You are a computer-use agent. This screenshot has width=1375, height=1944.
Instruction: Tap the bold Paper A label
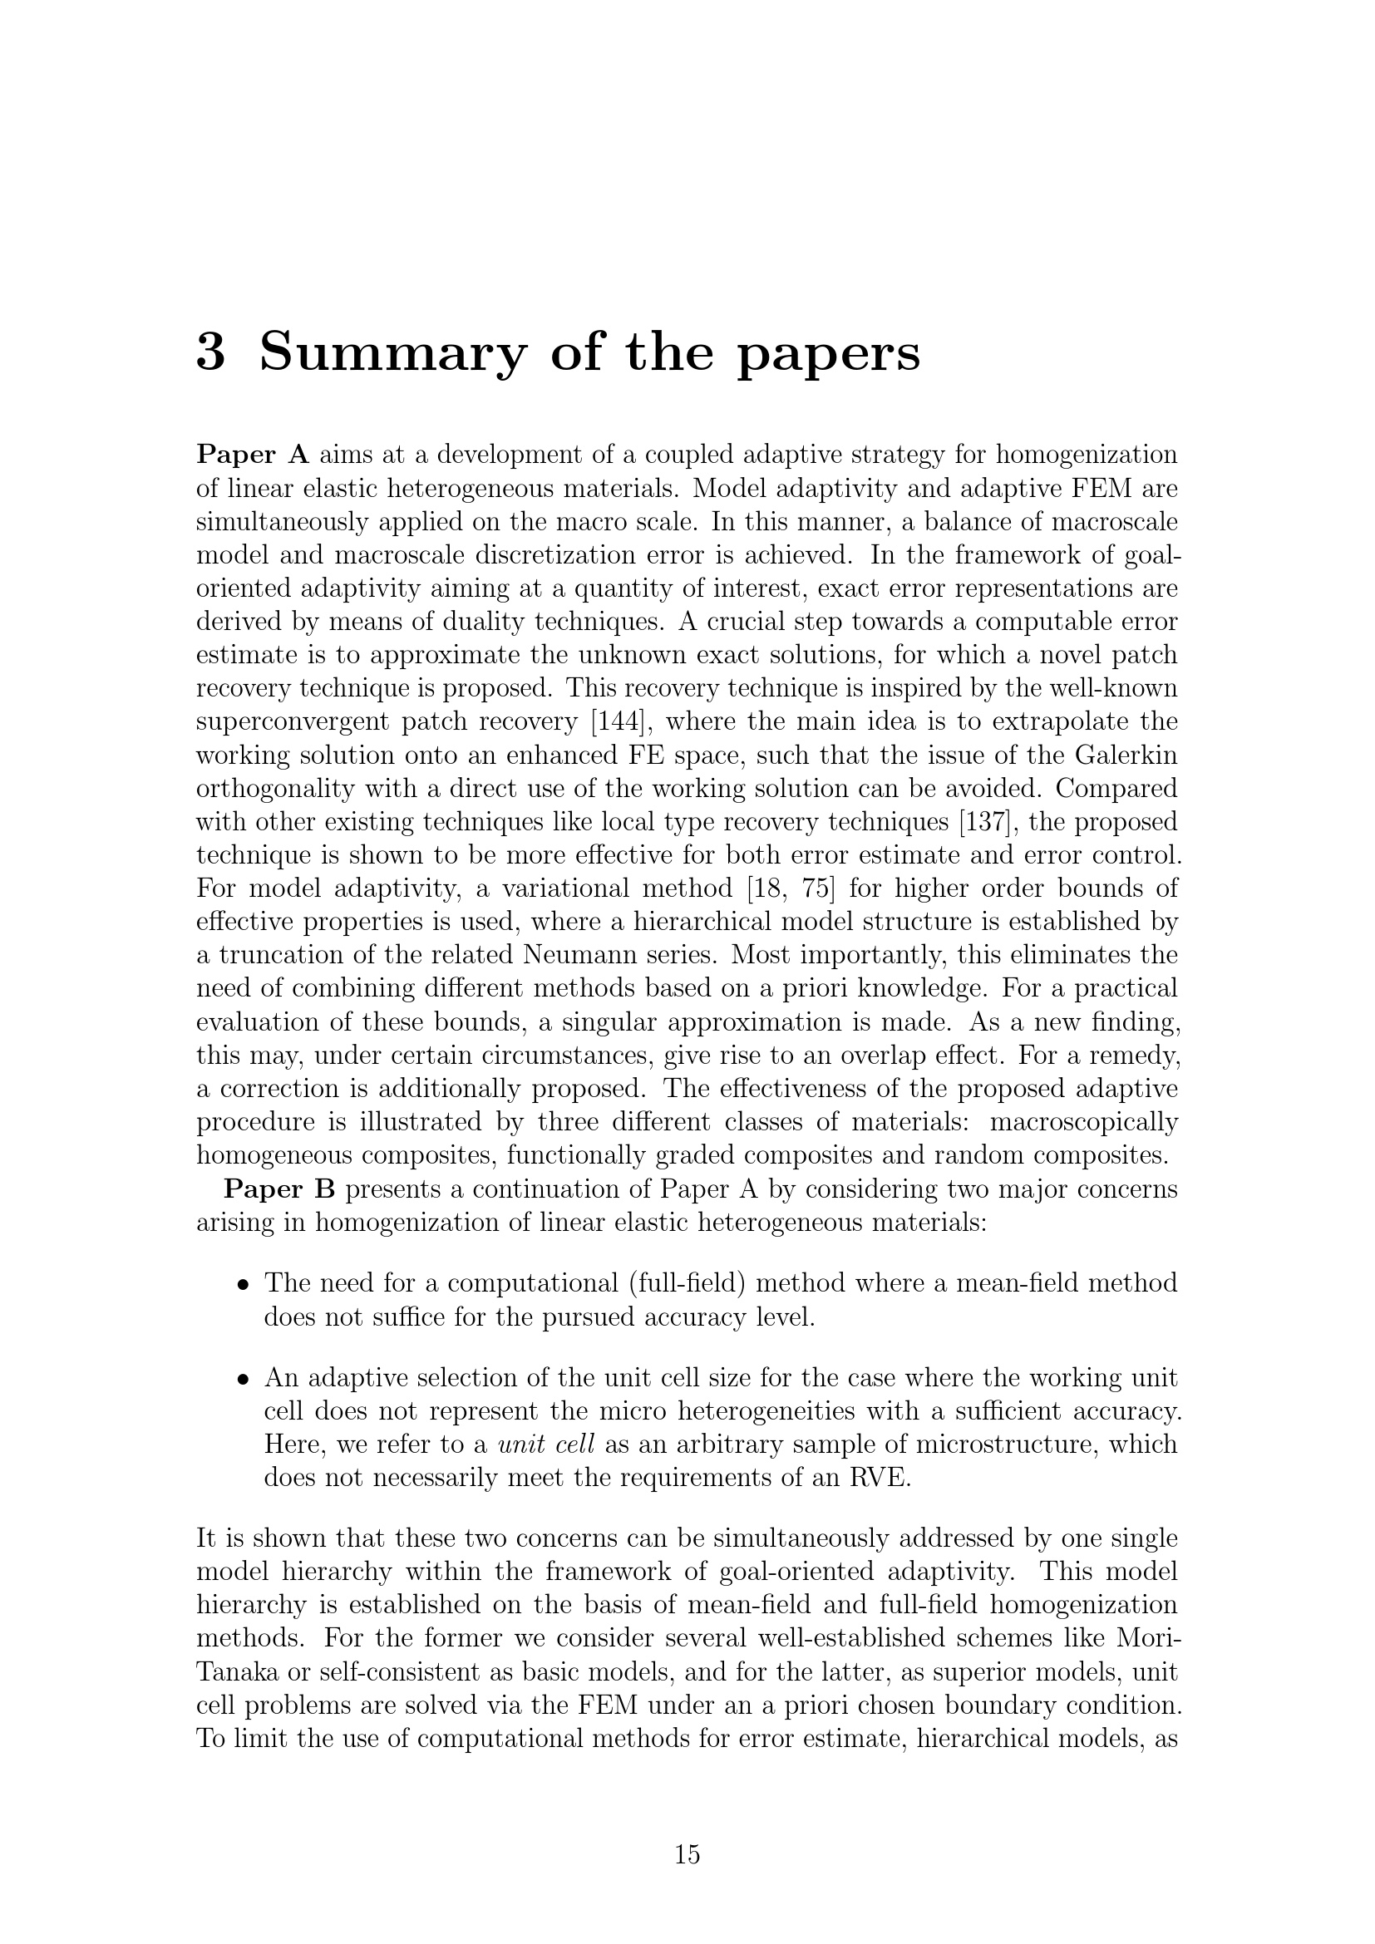[253, 455]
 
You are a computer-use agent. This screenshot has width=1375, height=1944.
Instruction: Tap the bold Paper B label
[279, 1189]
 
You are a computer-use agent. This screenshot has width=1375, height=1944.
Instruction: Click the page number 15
[687, 1854]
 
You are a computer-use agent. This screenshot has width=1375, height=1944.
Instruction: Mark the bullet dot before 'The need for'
[243, 1284]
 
